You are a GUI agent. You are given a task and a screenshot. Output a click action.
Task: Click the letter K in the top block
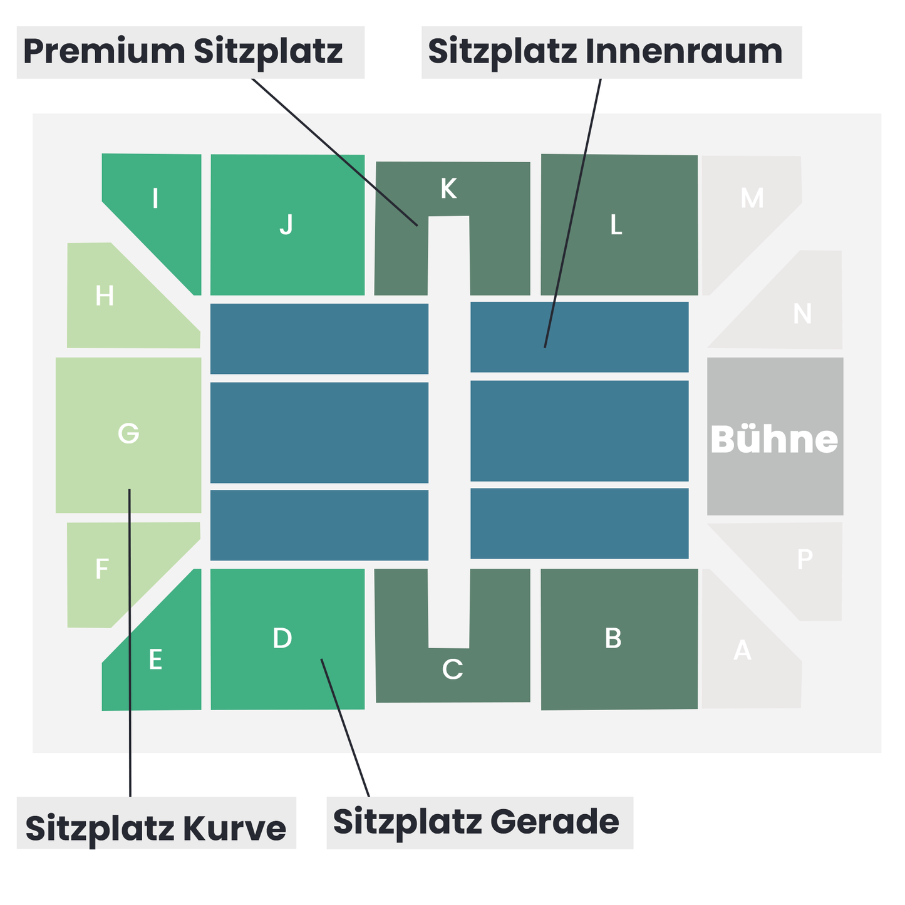(x=448, y=189)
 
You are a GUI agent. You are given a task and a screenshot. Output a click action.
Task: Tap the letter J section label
(x=286, y=224)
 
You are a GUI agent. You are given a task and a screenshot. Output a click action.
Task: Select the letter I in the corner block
(x=155, y=198)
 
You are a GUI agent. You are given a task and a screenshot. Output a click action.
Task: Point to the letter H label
(x=104, y=296)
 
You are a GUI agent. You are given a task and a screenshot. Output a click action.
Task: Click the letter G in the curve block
(x=128, y=433)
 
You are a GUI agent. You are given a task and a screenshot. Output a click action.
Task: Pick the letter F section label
(x=102, y=569)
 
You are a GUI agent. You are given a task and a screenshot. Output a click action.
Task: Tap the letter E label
(x=155, y=659)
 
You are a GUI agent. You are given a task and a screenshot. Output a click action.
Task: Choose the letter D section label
(x=282, y=638)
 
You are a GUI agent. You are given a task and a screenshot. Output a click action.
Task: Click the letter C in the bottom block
(x=452, y=669)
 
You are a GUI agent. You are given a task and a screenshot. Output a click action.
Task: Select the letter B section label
(x=613, y=638)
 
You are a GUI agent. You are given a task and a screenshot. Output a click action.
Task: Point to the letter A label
(x=742, y=650)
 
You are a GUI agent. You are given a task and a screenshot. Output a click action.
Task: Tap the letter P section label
(x=805, y=559)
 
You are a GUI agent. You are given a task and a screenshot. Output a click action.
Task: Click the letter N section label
(x=802, y=313)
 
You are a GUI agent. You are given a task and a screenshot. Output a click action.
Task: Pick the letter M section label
(x=752, y=198)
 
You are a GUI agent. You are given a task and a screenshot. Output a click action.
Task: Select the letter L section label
(x=616, y=224)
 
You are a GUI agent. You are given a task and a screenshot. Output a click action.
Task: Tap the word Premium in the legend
(x=104, y=51)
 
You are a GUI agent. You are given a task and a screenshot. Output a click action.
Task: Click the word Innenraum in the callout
(x=684, y=51)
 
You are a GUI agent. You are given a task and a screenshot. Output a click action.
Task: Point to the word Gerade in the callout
(x=555, y=822)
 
